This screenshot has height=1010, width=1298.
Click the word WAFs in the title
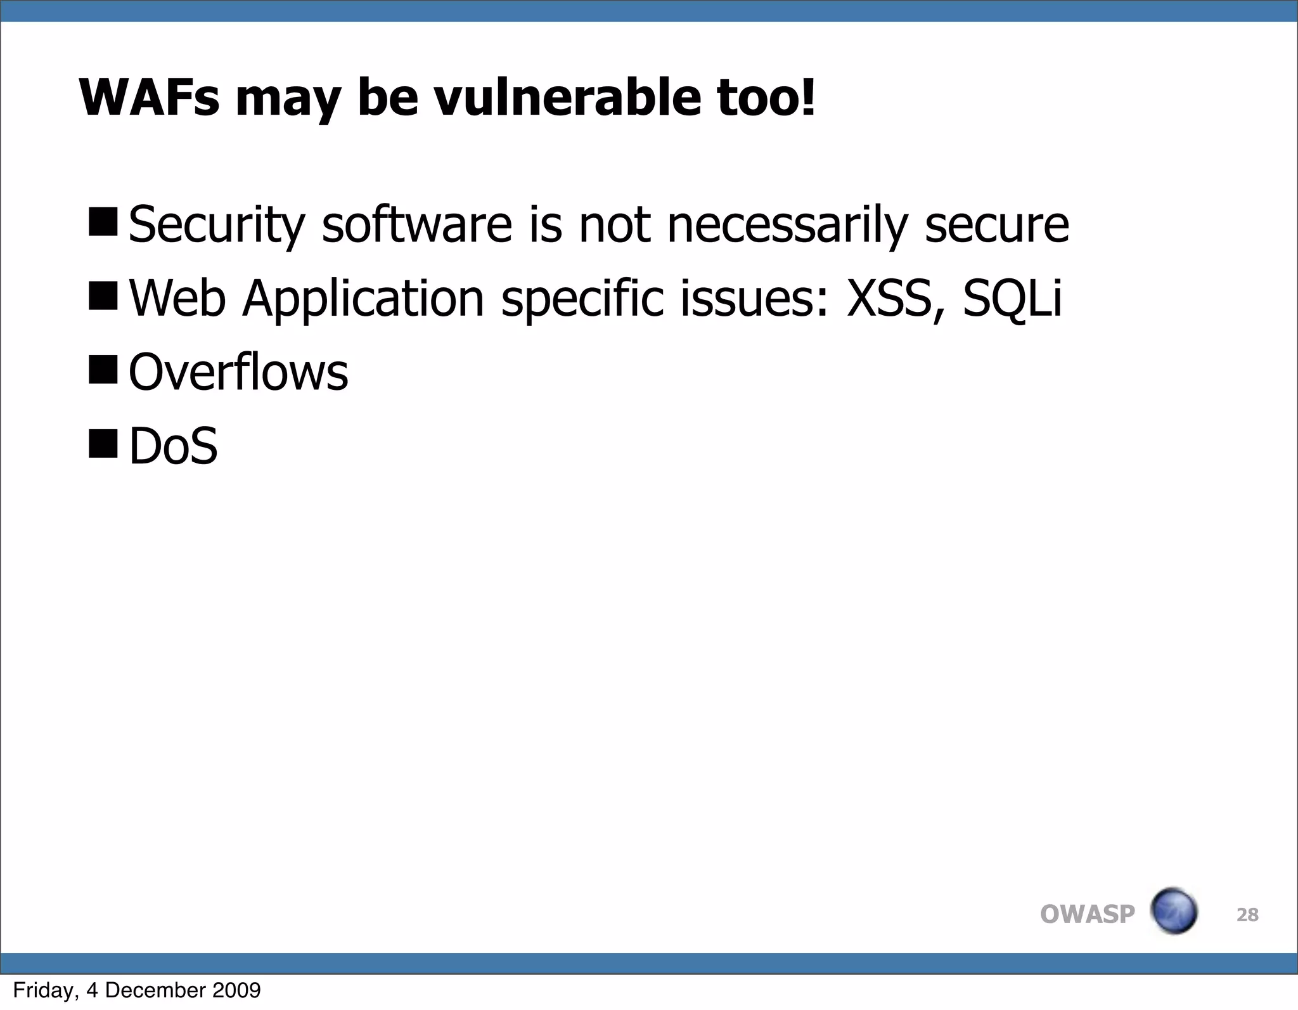pos(149,98)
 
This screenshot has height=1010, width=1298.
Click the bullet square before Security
pos(103,222)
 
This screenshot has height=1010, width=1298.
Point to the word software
pos(416,224)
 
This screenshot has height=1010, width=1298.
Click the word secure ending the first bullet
pos(996,226)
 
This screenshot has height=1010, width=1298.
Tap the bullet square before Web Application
pos(103,295)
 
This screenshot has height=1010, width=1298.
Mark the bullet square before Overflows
pos(103,370)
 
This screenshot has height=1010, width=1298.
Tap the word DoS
pos(173,446)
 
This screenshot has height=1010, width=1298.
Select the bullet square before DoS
pos(103,443)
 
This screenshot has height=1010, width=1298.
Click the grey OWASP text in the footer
pos(1087,914)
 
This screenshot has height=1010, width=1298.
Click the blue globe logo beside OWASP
pos(1173,911)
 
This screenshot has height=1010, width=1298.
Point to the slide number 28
pos(1247,915)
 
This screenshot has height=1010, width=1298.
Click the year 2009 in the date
pos(236,990)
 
